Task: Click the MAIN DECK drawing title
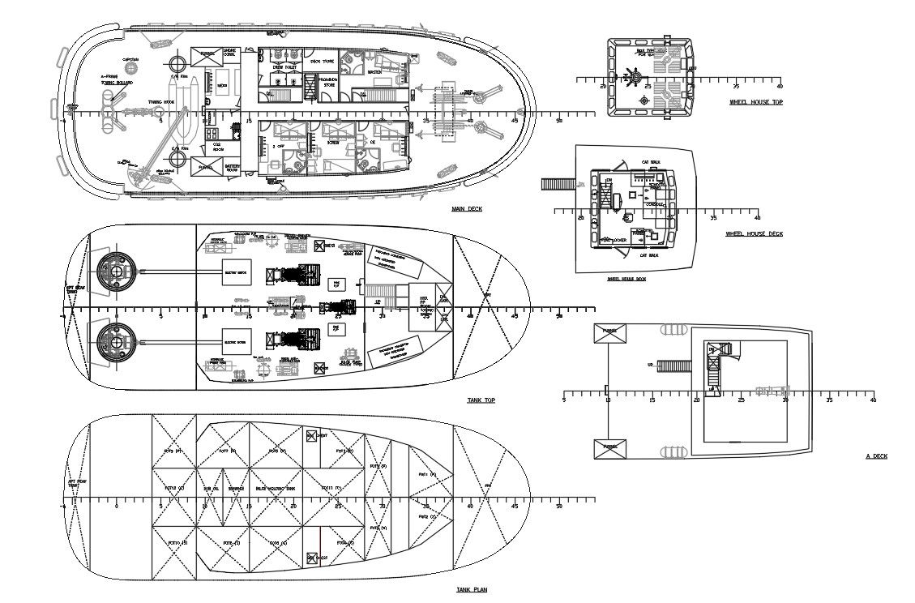point(466,209)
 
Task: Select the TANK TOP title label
point(481,400)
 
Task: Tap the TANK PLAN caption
point(471,590)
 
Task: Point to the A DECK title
point(875,456)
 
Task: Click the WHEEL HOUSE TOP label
point(755,102)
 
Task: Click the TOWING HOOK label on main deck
point(160,102)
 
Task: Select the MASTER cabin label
point(374,72)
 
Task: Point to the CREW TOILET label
point(284,67)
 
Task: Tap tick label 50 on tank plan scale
point(559,507)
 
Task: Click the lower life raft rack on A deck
point(673,451)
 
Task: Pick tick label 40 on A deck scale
point(873,400)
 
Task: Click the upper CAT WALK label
point(650,163)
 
